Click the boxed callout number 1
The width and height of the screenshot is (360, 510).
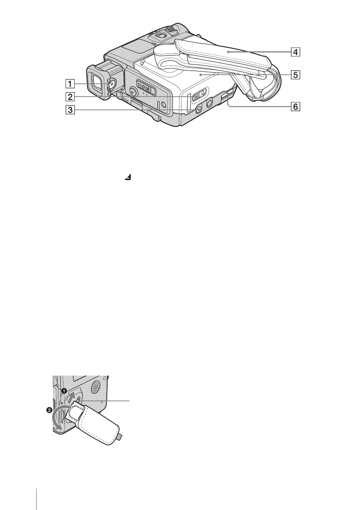70,84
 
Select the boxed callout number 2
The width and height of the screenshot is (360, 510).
70,97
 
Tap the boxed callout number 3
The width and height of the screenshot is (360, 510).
70,110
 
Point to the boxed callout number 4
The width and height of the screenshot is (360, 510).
295,52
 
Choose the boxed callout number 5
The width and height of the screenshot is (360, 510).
295,74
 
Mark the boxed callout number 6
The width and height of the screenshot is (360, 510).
295,106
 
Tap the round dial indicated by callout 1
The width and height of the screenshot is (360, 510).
112,85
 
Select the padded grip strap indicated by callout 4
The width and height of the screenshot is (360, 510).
228,57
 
